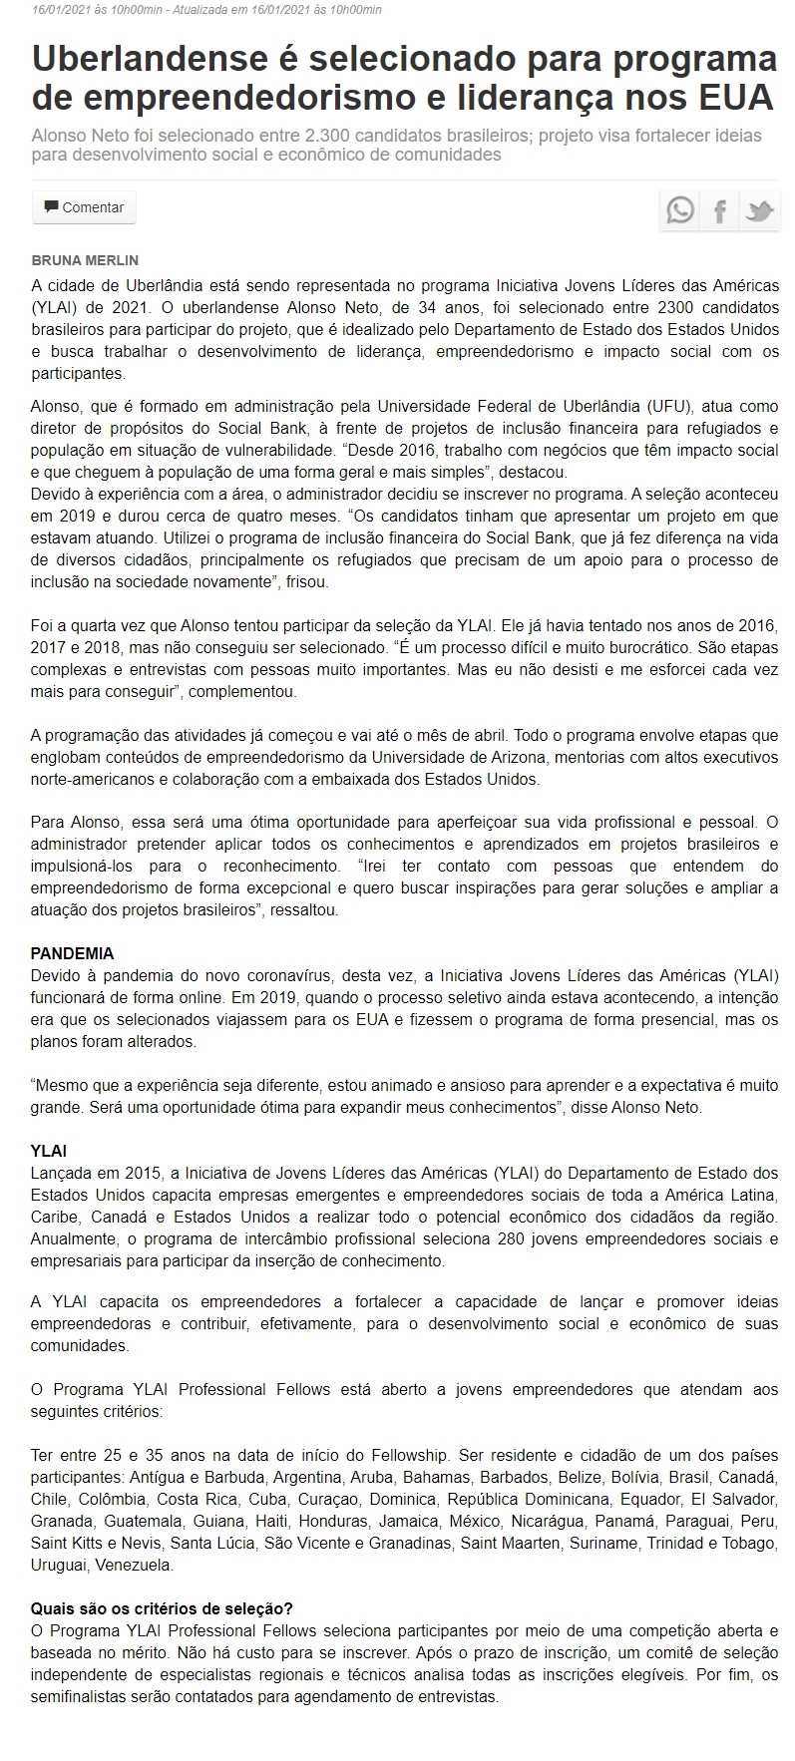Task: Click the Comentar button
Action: click(x=84, y=207)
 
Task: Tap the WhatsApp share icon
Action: click(x=680, y=210)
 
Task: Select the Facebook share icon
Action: click(x=719, y=210)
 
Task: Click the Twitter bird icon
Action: click(x=759, y=210)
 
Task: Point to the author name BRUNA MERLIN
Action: click(x=85, y=260)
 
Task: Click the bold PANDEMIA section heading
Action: click(x=72, y=952)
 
